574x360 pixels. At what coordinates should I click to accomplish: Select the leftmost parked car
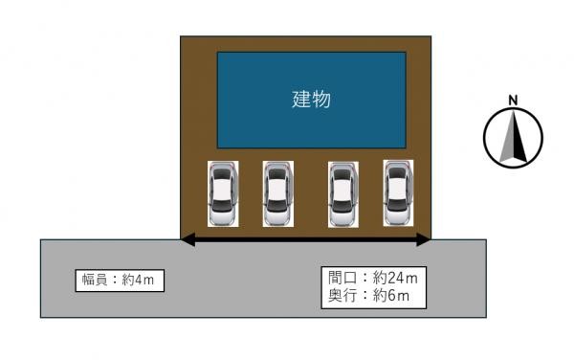point(222,194)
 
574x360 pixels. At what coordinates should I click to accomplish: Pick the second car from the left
point(277,194)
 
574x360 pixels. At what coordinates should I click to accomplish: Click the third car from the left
point(342,194)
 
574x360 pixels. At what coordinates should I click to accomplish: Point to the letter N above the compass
point(514,100)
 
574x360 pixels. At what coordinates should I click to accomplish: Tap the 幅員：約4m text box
point(118,280)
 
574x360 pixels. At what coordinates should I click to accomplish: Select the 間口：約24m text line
point(372,279)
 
